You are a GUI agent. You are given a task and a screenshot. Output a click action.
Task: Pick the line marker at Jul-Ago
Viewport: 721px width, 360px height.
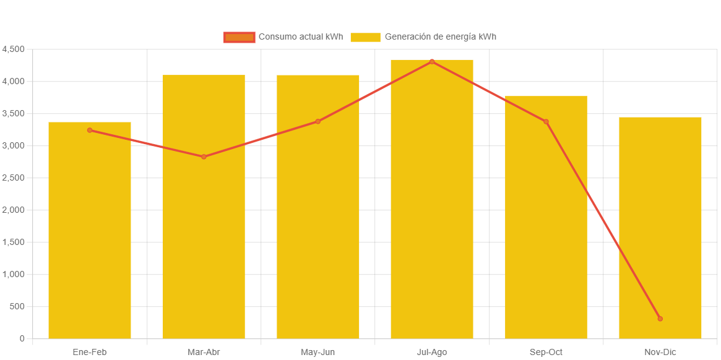pos(432,61)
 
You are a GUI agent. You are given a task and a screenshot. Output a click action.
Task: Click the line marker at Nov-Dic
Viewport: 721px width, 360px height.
pos(660,319)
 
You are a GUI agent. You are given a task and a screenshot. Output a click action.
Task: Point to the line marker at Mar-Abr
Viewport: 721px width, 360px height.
pos(204,156)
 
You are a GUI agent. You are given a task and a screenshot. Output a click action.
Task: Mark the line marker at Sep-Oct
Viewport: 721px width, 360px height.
pos(546,122)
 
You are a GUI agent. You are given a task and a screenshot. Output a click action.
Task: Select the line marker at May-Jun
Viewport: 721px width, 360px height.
pos(318,121)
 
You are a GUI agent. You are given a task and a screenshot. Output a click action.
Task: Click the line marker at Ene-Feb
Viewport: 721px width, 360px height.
pos(90,130)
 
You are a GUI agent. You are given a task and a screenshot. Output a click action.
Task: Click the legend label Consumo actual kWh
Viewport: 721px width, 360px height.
pos(300,36)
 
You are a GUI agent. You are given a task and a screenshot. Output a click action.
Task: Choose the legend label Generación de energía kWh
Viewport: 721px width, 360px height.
pos(440,36)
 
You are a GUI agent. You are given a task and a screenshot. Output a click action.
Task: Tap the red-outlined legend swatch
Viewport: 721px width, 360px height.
pos(239,37)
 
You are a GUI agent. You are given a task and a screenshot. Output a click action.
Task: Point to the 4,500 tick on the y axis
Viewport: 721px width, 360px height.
pos(13,49)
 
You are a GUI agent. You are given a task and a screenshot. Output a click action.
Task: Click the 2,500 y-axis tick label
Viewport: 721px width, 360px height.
pos(13,178)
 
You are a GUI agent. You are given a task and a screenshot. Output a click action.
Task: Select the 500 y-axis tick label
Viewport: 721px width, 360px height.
pos(17,306)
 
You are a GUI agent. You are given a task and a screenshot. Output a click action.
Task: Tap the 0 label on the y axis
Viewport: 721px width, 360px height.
pos(22,338)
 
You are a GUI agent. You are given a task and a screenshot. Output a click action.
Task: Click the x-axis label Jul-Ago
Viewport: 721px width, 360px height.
pos(432,352)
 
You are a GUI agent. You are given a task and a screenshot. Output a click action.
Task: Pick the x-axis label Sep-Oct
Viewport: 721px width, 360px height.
pos(546,352)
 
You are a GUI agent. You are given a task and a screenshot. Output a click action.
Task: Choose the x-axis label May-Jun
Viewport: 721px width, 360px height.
pos(318,352)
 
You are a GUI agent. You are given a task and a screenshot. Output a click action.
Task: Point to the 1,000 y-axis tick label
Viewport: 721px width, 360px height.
pos(13,274)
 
